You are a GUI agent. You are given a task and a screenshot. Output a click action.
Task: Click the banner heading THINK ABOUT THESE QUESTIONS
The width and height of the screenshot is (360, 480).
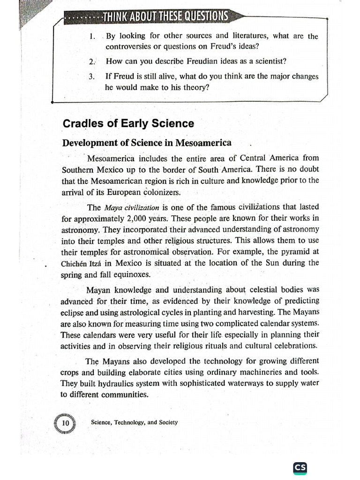click(x=165, y=17)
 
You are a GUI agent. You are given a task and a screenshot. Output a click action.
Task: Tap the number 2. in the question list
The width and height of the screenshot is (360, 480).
click(x=92, y=61)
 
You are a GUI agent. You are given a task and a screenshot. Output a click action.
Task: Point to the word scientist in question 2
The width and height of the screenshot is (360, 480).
click(x=254, y=61)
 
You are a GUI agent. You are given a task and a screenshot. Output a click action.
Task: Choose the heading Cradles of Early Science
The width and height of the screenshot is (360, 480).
click(x=128, y=123)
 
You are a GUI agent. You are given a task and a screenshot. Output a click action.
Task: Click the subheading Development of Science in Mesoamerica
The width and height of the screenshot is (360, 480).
click(x=147, y=142)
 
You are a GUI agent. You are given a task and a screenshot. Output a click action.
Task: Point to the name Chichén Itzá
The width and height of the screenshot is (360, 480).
click(x=82, y=263)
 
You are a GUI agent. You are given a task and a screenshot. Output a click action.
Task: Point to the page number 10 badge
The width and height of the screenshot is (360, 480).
click(x=66, y=423)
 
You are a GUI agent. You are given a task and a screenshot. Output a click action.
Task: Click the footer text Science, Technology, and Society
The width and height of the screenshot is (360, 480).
click(x=135, y=422)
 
